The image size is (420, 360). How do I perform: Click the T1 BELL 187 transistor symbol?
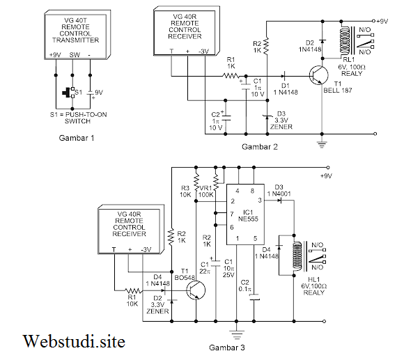coord(318,75)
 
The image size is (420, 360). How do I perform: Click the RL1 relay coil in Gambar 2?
coord(343,41)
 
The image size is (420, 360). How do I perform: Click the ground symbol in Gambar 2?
coord(321,143)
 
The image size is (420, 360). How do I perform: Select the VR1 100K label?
coord(207,191)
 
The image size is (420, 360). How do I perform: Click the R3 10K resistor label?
coord(185,191)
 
